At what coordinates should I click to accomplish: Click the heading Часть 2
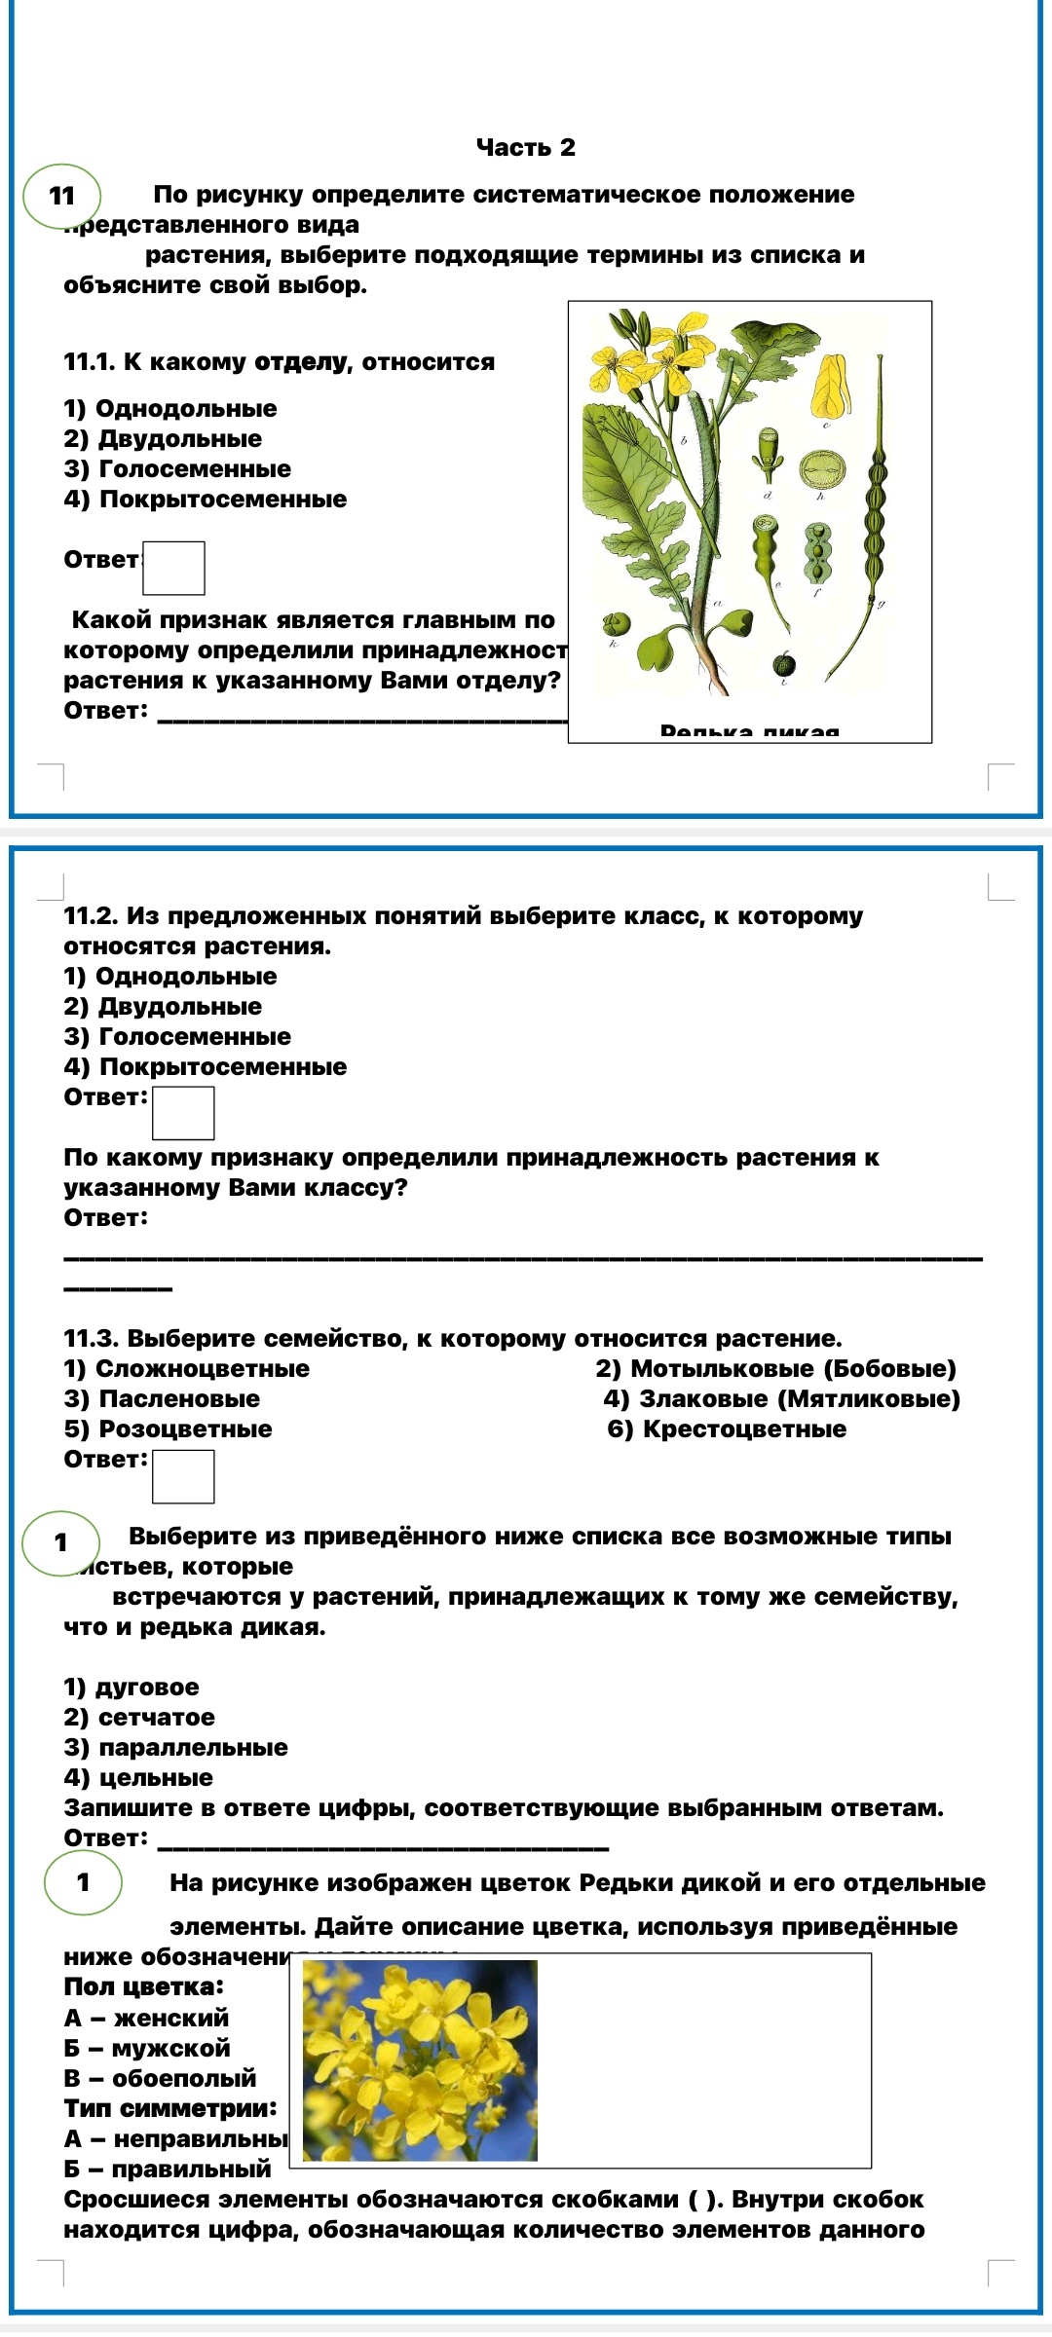525,148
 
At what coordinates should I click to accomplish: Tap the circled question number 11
62,196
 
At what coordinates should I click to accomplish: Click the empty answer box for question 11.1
173,568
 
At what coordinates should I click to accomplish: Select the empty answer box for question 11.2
183,1113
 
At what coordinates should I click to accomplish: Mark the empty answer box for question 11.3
183,1476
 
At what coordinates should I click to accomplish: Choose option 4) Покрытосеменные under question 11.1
206,500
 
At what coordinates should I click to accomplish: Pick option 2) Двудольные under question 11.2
163,1007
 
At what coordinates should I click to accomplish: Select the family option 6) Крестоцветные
727,1429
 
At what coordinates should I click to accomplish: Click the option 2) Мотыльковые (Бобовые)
776,1369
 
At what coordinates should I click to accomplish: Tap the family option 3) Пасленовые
162,1399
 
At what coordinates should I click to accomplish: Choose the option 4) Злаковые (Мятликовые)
781,1399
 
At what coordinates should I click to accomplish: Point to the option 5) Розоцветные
168,1429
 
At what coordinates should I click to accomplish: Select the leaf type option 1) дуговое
131,1688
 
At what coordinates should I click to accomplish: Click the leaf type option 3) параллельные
175,1748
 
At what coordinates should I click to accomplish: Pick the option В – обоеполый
160,2078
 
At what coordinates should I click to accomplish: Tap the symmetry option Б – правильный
168,2169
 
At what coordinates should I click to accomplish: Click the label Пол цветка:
143,1986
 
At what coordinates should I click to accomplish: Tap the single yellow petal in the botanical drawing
831,386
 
